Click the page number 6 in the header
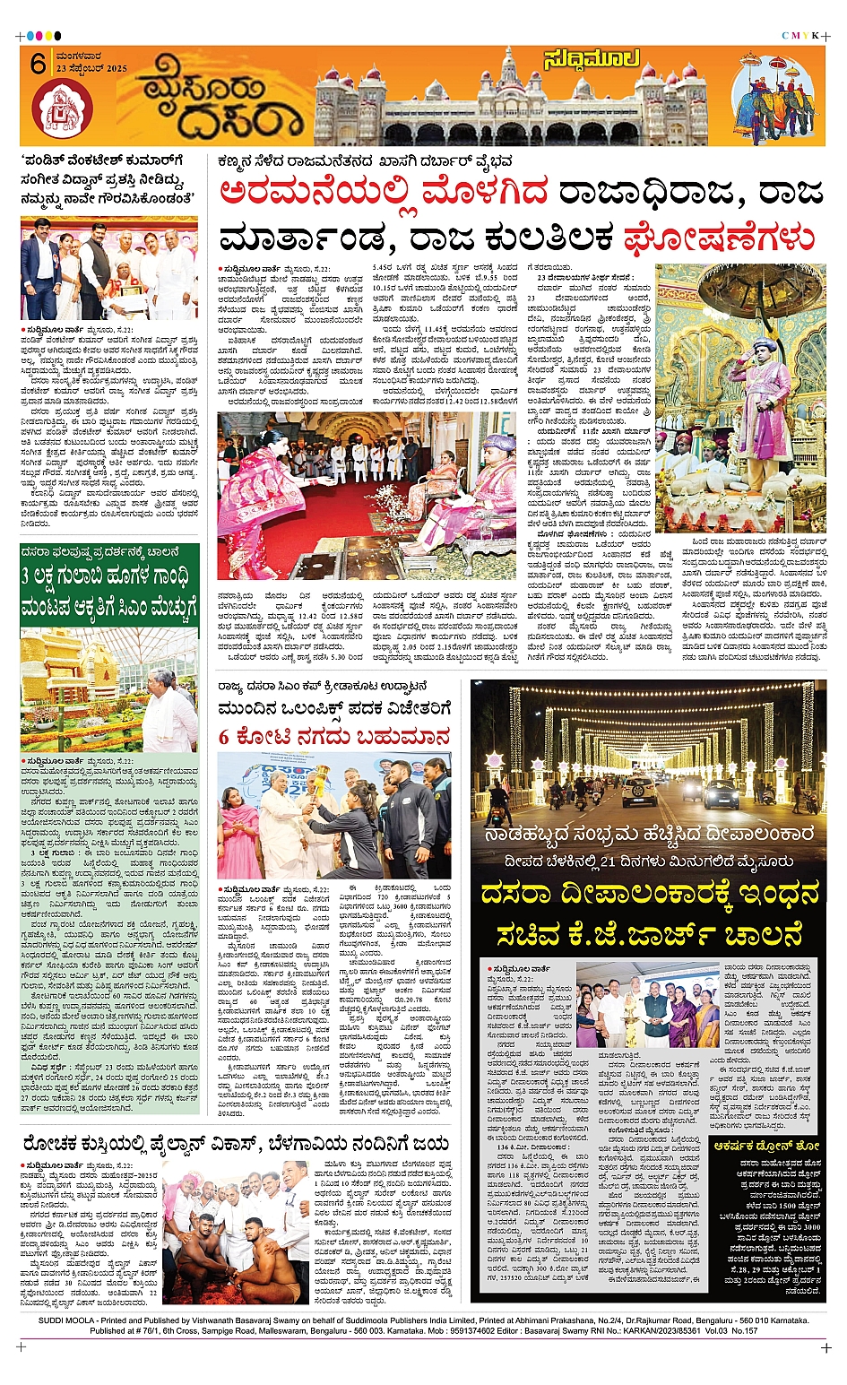click(38, 64)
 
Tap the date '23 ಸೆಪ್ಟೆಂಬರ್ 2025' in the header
click(91, 69)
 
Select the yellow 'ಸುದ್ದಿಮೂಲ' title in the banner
click(592, 60)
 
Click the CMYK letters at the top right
click(800, 36)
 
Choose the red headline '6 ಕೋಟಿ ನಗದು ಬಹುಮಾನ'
click(334, 738)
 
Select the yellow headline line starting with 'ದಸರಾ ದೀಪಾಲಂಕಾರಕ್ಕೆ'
click(649, 894)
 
